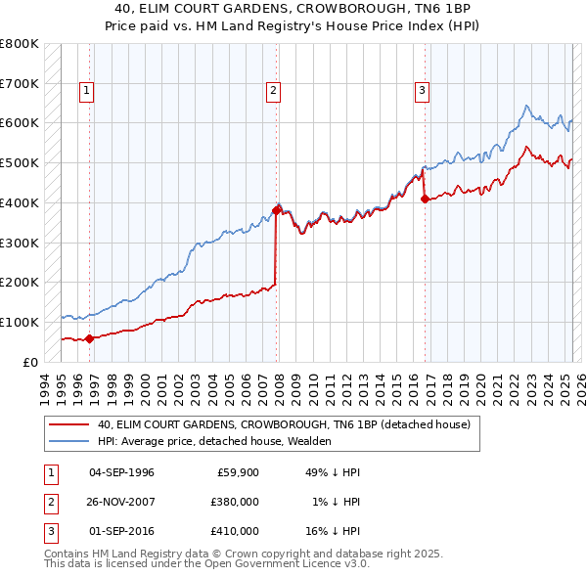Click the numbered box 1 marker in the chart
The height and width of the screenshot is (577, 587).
pyautogui.click(x=87, y=91)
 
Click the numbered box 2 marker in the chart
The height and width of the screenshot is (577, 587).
pyautogui.click(x=273, y=91)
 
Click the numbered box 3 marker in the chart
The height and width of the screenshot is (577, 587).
pyautogui.click(x=423, y=91)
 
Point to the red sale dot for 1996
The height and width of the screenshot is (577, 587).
pyautogui.click(x=90, y=338)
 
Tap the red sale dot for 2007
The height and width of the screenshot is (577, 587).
pyautogui.click(x=277, y=210)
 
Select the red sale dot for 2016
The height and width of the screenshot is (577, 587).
pyautogui.click(x=425, y=199)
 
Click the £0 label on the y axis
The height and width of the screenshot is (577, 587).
pyautogui.click(x=28, y=362)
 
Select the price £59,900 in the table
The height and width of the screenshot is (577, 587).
pyautogui.click(x=237, y=472)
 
